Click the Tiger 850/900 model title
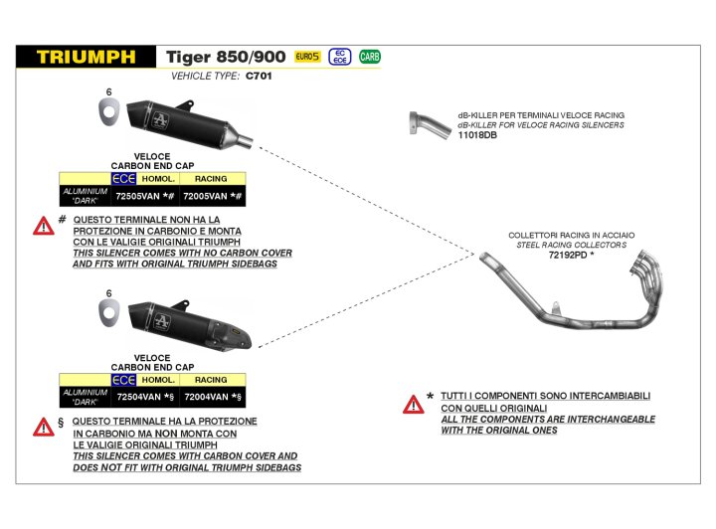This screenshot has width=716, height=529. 226,57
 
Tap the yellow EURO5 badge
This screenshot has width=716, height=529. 307,57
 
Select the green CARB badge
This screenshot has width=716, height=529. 370,57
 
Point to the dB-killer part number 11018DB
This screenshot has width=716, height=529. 477,134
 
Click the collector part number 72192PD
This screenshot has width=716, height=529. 569,255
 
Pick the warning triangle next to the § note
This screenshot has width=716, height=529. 44,427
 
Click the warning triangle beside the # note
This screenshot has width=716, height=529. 44,226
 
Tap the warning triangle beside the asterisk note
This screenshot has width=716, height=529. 414,404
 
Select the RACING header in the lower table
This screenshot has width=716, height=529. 211,380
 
